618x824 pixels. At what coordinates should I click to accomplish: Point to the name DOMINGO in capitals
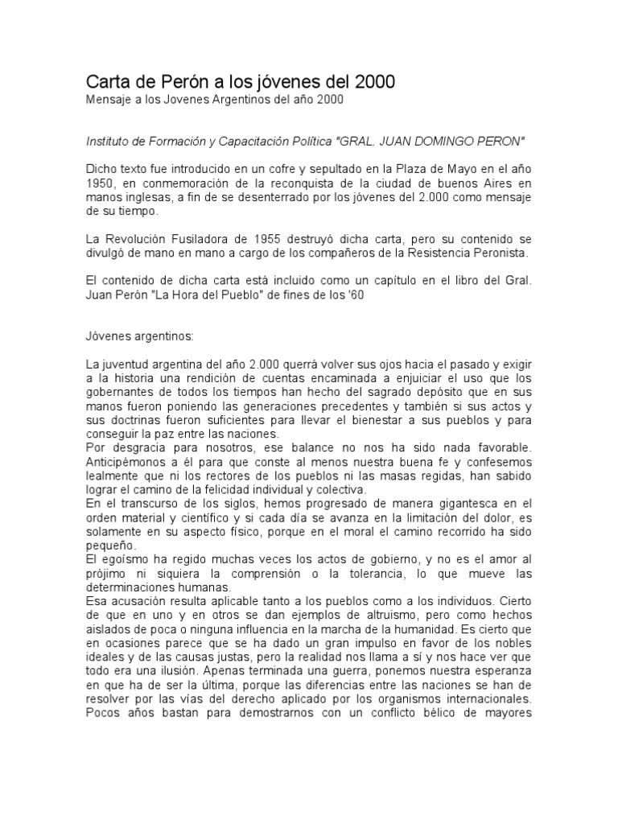pyautogui.click(x=445, y=142)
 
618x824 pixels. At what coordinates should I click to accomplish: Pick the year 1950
pyautogui.click(x=101, y=183)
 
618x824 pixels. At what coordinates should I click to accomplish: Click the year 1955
pyautogui.click(x=274, y=239)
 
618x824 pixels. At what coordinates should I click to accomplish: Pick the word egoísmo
pyautogui.click(x=120, y=559)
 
